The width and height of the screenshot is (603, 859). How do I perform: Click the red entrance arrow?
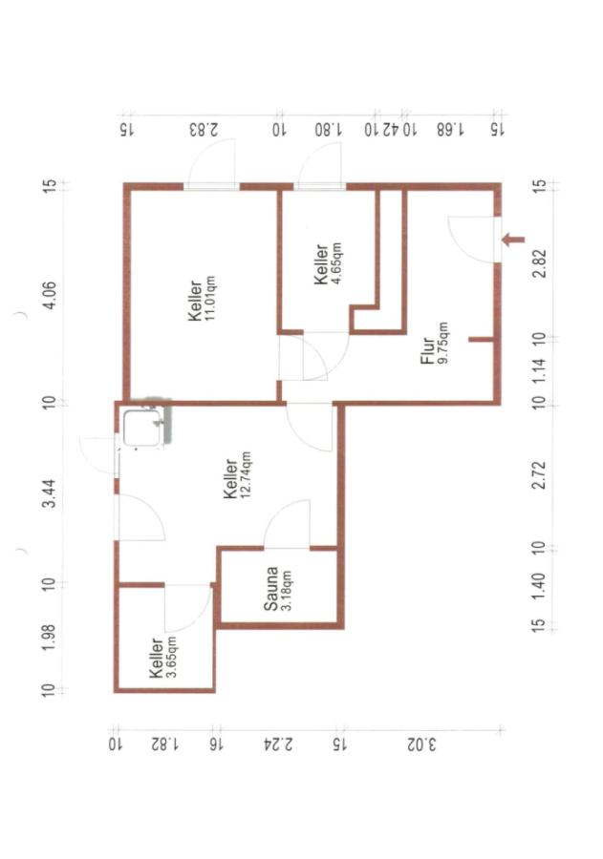click(513, 240)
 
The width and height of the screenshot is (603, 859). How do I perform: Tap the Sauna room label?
click(270, 589)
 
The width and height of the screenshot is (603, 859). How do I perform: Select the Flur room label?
click(427, 351)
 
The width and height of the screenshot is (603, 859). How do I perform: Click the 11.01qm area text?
click(209, 299)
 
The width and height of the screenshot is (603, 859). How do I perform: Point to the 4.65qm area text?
click(335, 265)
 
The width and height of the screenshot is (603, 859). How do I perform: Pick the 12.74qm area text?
click(246, 475)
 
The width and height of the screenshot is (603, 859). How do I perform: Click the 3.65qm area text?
click(171, 658)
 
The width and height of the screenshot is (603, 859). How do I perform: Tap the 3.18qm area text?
click(286, 591)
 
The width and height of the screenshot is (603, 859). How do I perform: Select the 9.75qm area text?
click(442, 343)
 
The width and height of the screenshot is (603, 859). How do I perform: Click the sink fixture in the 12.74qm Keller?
click(142, 429)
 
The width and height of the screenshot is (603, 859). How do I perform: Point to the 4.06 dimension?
click(50, 296)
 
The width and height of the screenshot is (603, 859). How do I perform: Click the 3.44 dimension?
click(50, 493)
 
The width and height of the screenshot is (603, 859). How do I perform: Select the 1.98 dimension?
click(50, 638)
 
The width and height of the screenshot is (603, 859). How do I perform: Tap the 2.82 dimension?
click(540, 263)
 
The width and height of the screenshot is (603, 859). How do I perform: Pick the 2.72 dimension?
click(540, 475)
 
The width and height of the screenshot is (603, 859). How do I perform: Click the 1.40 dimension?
click(540, 585)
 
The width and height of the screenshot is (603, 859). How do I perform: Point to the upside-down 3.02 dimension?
click(421, 744)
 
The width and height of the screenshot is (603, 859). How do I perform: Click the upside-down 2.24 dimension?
click(279, 744)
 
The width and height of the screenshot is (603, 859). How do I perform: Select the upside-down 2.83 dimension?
click(204, 130)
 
